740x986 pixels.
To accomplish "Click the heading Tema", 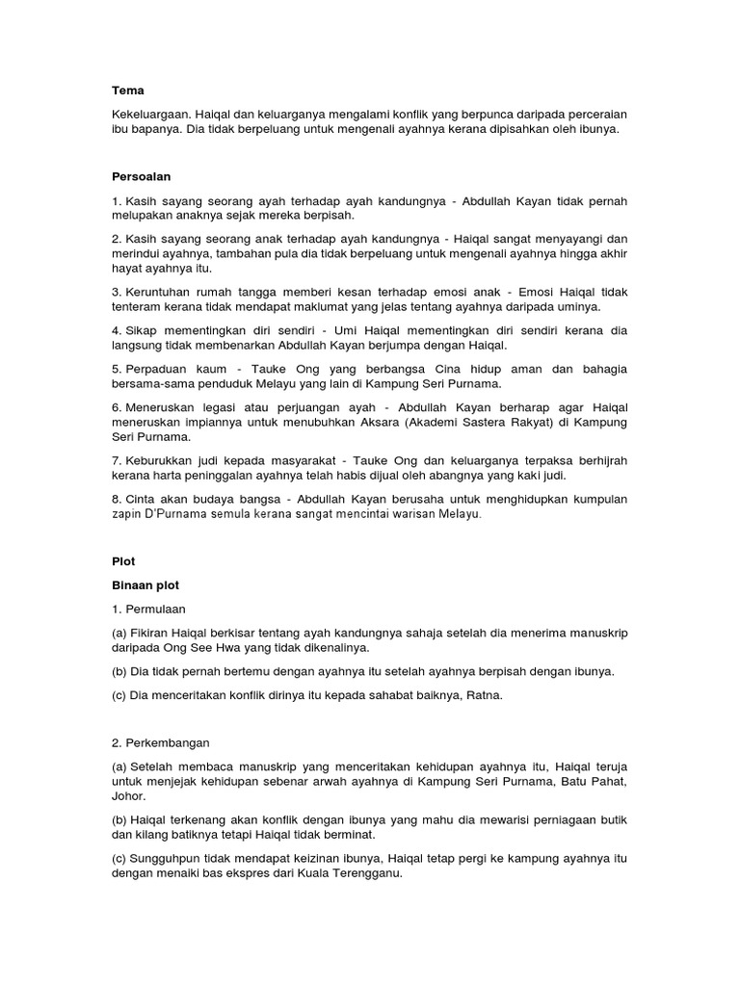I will (x=128, y=91).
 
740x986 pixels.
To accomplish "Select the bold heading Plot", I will (x=122, y=559).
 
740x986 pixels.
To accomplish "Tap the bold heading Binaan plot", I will (x=145, y=584).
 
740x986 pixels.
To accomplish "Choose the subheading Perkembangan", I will (x=169, y=743).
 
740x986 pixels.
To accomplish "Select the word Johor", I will (x=130, y=796).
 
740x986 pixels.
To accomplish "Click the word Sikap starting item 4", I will (x=143, y=330).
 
